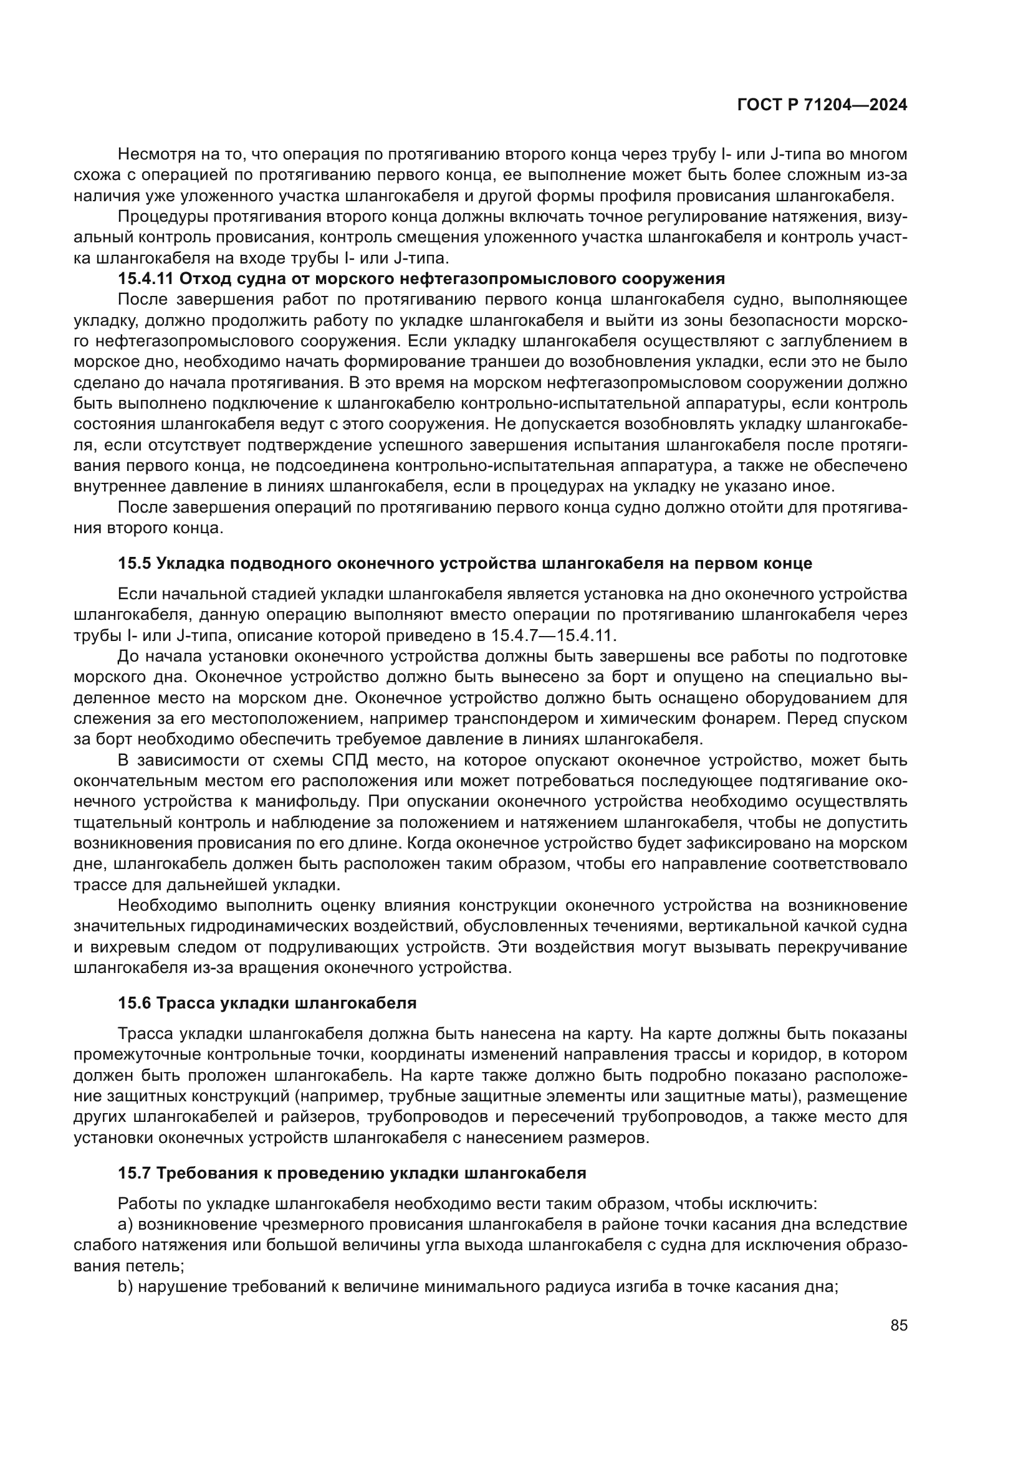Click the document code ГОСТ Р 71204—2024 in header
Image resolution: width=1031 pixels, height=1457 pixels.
(x=822, y=105)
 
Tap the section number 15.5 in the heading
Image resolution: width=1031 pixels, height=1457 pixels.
(x=134, y=564)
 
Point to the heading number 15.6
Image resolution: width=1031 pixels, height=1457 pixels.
(x=134, y=1004)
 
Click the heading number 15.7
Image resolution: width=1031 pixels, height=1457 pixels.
(x=134, y=1174)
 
